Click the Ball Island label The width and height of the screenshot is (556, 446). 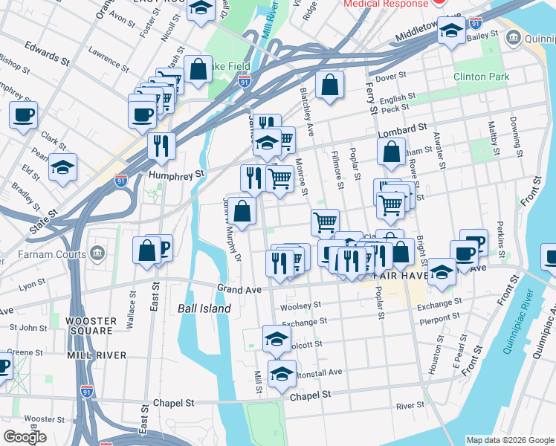click(x=204, y=308)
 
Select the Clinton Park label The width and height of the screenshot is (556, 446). click(x=480, y=77)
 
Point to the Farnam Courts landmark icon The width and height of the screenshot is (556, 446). click(x=97, y=256)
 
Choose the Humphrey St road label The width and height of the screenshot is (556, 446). click(x=176, y=175)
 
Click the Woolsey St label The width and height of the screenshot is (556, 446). click(x=300, y=305)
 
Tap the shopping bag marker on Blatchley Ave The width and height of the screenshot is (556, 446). click(x=329, y=85)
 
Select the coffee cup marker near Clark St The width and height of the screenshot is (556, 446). click(x=23, y=116)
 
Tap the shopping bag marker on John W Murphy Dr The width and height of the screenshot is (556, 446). click(x=242, y=212)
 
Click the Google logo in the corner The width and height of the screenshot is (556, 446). click(x=25, y=437)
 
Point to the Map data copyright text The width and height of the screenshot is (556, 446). click(x=509, y=440)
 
